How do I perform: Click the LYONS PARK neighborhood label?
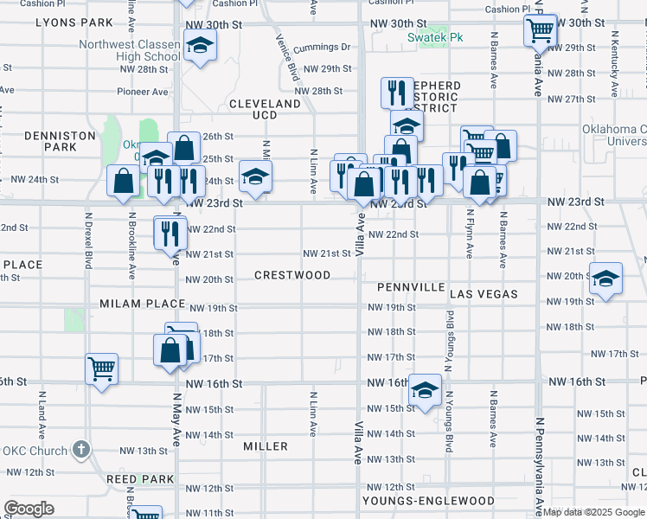point(75,22)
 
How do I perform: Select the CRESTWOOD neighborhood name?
point(292,275)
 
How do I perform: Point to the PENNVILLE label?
point(411,286)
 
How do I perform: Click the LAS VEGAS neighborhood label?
point(484,294)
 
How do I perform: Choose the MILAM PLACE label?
point(143,304)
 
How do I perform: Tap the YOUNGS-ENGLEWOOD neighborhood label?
point(428,501)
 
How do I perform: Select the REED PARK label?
point(139,478)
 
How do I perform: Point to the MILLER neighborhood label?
point(266,446)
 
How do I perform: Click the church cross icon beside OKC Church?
point(80,450)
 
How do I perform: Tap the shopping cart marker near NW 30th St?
point(540,30)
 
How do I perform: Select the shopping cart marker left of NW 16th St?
point(101,368)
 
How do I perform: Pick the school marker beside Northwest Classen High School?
point(200,46)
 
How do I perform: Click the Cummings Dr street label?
point(322,48)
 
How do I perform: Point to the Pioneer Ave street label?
point(143,92)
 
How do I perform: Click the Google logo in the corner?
point(29,509)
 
